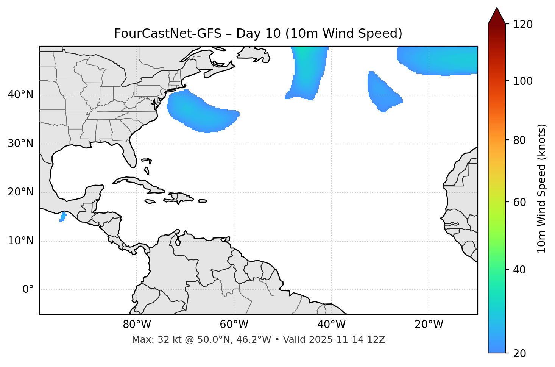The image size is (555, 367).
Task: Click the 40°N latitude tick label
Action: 20,95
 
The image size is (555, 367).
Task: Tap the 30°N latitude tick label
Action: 20,144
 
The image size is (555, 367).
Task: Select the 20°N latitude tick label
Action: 20,192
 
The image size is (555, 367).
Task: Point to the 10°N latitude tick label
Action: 20,241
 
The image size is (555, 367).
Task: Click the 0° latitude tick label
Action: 28,290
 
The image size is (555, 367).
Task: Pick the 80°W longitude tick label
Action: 137,325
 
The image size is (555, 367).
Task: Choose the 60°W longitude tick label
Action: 234,325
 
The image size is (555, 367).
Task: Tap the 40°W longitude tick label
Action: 331,325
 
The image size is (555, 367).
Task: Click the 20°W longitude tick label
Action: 429,325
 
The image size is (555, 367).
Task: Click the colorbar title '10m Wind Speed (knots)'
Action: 542,188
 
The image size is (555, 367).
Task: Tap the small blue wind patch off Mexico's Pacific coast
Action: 63,217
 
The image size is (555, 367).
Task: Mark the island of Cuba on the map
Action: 138,183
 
